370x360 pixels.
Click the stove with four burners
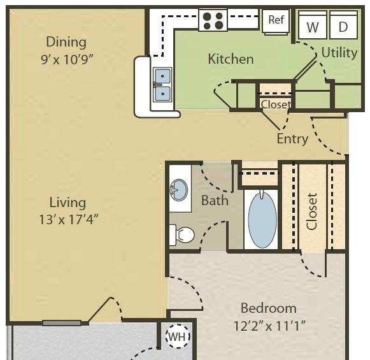click(213, 20)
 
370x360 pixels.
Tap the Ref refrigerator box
click(276, 22)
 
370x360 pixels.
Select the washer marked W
click(313, 25)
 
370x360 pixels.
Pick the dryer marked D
click(344, 25)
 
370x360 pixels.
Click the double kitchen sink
click(162, 85)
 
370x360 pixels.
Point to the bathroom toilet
click(181, 235)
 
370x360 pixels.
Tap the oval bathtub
click(262, 220)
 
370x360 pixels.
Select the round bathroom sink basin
click(179, 190)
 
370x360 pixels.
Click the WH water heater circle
click(178, 336)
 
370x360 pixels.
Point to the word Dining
click(66, 42)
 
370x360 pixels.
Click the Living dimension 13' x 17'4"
click(68, 220)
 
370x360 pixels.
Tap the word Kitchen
click(231, 59)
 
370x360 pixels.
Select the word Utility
click(339, 53)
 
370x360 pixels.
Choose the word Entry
click(292, 139)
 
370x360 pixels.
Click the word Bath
click(215, 201)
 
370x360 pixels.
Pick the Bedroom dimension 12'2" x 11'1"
click(269, 326)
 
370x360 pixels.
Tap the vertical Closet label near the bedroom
click(311, 212)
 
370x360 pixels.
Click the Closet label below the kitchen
click(276, 104)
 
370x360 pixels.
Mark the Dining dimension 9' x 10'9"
click(68, 59)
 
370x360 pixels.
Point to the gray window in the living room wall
click(62, 323)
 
